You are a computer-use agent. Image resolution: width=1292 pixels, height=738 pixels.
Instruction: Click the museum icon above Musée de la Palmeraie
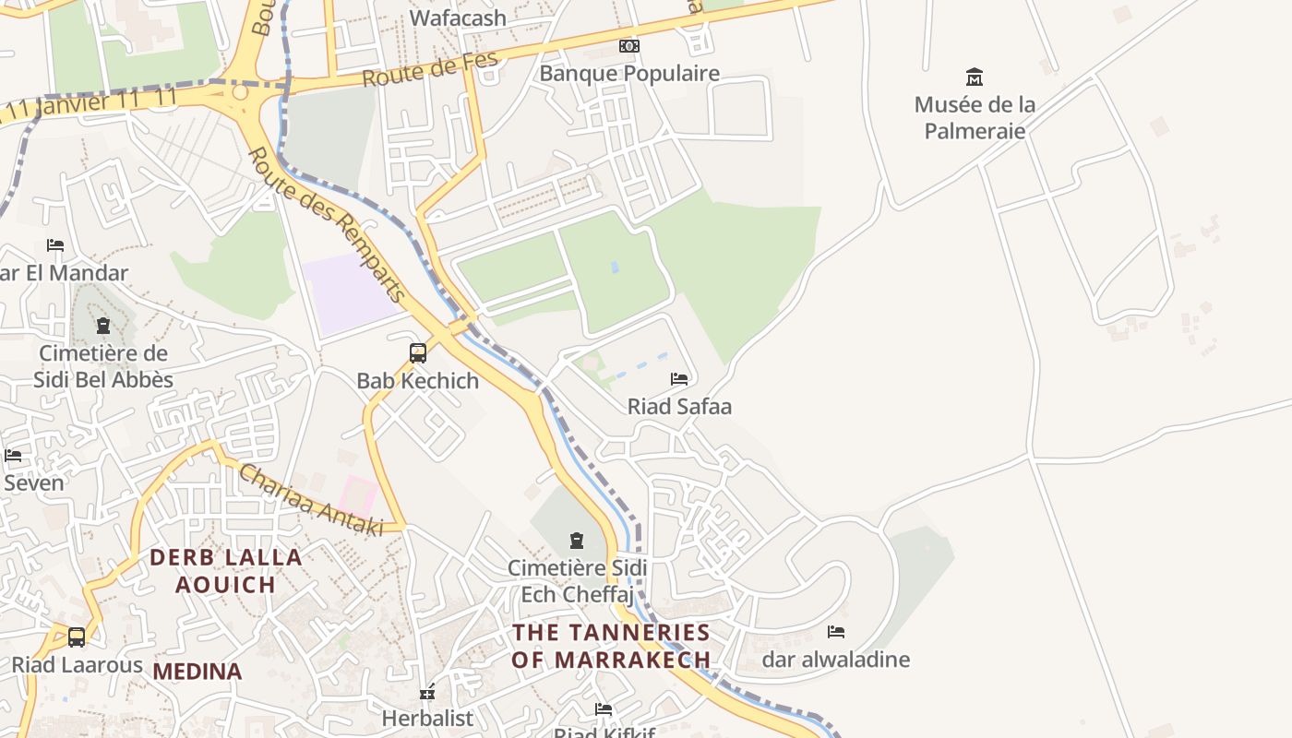[x=974, y=77]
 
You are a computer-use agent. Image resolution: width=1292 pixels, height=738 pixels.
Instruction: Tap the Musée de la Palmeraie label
[x=975, y=117]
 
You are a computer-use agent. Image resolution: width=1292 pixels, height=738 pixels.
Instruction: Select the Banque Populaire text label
[x=629, y=73]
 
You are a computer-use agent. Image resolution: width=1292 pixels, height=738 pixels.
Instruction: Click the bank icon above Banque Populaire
[x=629, y=46]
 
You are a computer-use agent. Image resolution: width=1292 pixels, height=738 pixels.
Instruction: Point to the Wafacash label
[x=458, y=18]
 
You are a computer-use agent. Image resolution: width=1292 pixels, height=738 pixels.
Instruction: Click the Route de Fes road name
[x=430, y=70]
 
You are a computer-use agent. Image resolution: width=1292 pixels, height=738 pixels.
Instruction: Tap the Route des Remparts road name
[x=328, y=224]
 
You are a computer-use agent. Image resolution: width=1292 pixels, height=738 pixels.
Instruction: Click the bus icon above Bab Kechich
[x=418, y=352]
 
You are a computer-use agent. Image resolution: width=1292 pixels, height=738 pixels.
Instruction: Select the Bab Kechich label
[x=418, y=380]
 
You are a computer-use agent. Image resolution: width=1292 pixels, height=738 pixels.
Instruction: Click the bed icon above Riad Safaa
[x=679, y=379]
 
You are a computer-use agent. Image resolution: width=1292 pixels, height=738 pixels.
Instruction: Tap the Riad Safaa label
[x=679, y=406]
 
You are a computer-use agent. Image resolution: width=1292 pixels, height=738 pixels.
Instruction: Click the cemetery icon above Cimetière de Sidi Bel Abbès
[x=102, y=326]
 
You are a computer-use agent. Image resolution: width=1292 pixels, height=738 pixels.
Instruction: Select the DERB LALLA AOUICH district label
[x=226, y=570]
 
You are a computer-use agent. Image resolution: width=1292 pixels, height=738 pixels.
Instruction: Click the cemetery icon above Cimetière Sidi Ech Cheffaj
[x=577, y=541]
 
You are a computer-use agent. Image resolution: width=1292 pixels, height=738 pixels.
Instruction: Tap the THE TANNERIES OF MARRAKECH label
[x=611, y=646]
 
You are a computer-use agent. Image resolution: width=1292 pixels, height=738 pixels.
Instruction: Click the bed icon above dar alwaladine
[x=836, y=632]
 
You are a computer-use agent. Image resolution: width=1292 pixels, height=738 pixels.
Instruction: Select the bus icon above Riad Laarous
[x=77, y=637]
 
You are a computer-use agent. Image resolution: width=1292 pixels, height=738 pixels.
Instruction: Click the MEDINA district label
[x=197, y=672]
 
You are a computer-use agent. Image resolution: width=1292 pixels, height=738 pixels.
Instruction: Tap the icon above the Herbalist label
[x=427, y=691]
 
